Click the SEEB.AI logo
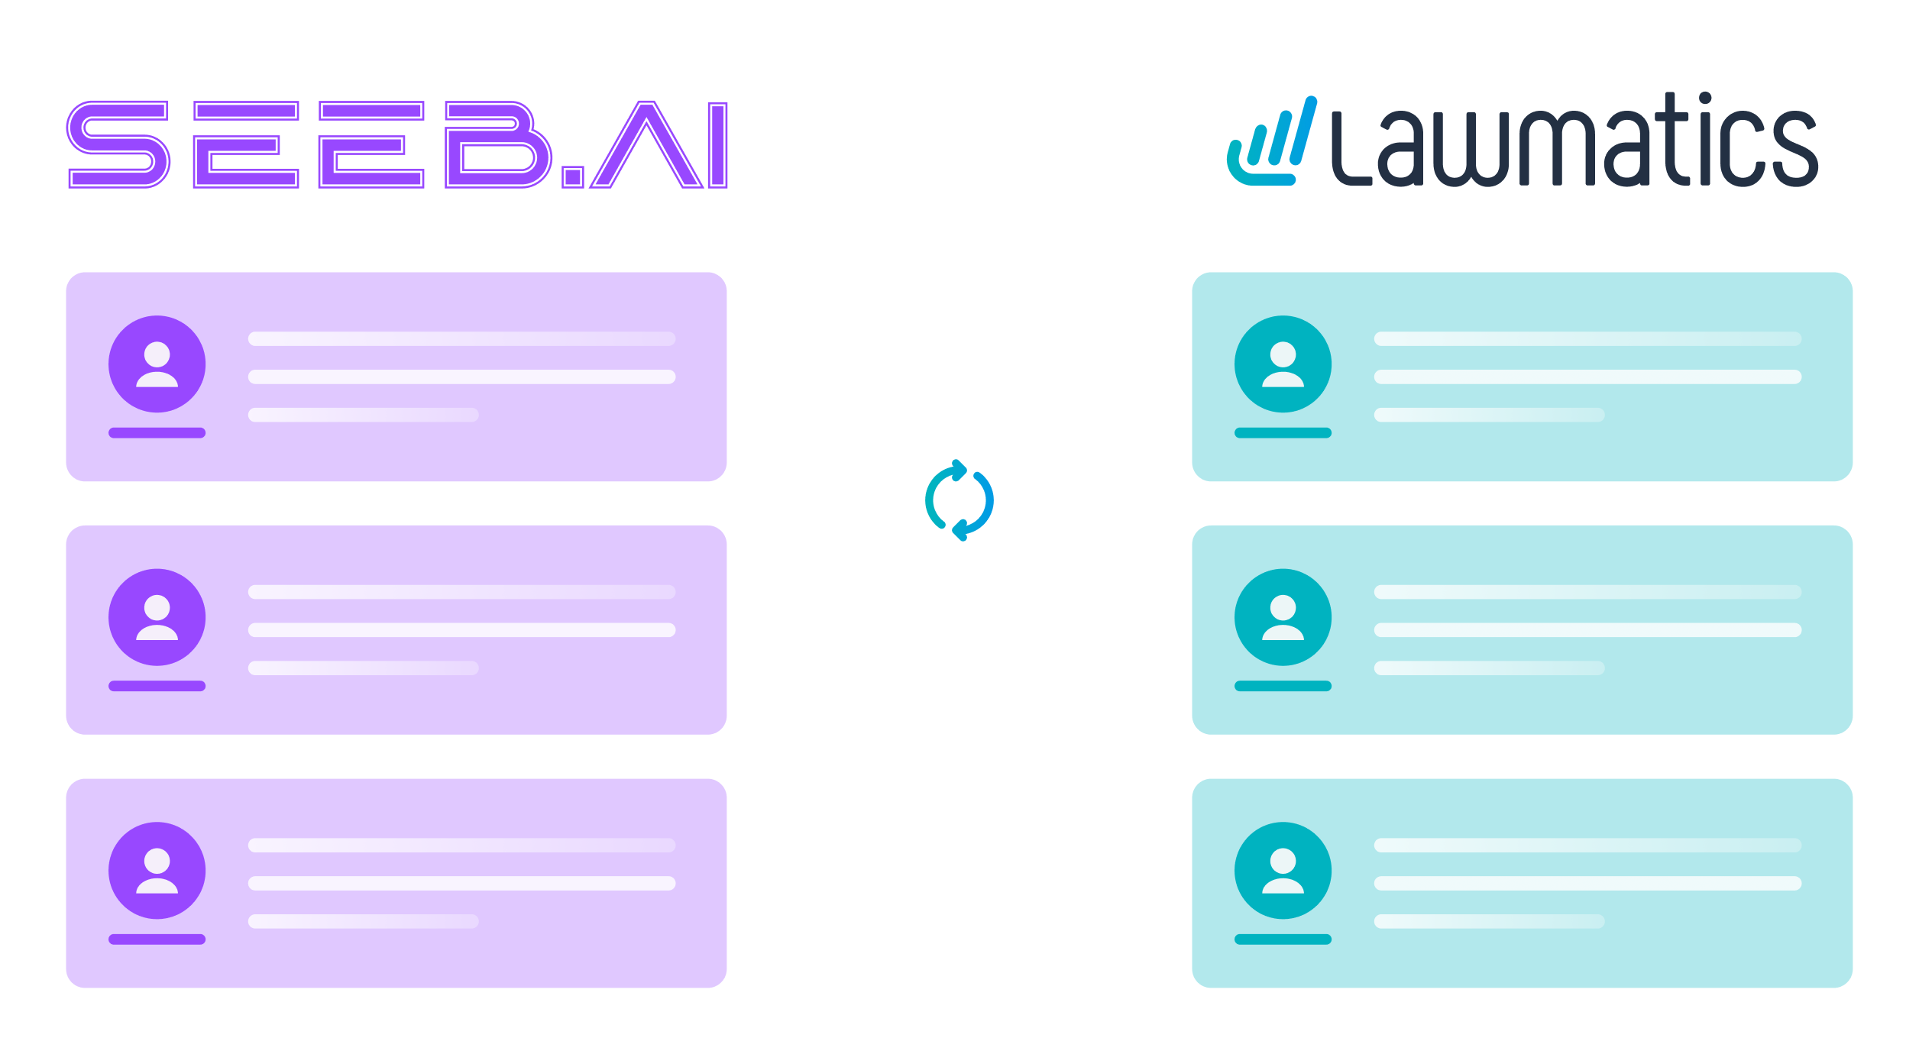397,144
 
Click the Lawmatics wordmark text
1574,141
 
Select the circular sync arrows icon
959,500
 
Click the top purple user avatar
157,364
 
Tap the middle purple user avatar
157,617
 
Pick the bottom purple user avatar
157,870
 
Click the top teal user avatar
1283,364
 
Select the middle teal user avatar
1283,617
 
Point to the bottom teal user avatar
1283,870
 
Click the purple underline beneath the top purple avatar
157,433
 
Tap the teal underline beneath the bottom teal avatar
1283,939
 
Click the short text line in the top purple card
363,415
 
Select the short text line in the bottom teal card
1489,921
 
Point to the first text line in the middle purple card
461,592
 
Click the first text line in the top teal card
1587,338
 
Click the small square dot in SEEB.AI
573,177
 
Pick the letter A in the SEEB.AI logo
646,145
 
